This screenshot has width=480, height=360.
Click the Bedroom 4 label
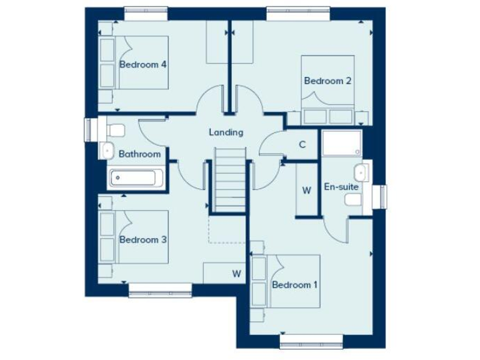coord(142,64)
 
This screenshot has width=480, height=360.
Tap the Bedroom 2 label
coord(327,81)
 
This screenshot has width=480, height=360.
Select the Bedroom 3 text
coord(142,239)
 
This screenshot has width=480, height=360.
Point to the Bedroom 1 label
coord(295,285)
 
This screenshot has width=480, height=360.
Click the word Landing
coord(226,132)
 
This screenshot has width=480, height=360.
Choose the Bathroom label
coord(139,154)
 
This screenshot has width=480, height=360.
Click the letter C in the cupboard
coord(302,145)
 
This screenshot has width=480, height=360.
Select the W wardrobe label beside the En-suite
coord(306,191)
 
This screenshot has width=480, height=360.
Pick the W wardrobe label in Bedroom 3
coord(236,273)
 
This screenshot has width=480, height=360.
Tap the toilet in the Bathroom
coord(116,130)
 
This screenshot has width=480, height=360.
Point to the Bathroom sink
coord(106,150)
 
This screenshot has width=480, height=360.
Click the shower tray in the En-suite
coord(342,144)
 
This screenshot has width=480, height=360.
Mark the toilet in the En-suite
coord(353,199)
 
